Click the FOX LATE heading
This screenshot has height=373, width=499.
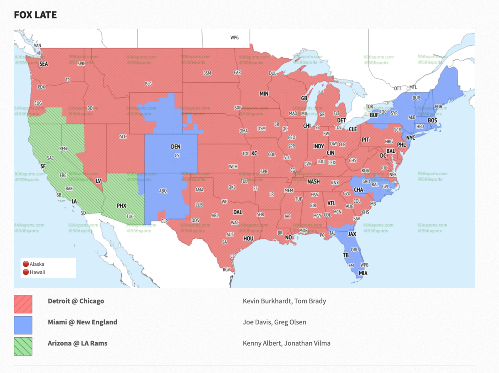click(35, 15)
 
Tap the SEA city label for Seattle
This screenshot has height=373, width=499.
click(44, 64)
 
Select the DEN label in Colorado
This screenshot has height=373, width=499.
click(176, 147)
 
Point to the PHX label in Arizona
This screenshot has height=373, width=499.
click(121, 206)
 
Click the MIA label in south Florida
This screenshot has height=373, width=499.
click(363, 273)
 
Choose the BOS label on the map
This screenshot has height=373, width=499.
click(432, 120)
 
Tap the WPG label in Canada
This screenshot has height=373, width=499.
click(235, 37)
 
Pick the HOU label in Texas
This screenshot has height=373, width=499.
click(248, 238)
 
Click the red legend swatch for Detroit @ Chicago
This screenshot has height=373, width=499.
click(23, 304)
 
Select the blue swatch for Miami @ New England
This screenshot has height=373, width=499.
click(23, 325)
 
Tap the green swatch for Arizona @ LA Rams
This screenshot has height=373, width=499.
click(23, 346)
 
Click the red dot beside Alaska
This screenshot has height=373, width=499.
click(26, 264)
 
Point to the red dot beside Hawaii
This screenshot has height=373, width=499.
click(26, 272)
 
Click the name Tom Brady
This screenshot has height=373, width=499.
click(310, 301)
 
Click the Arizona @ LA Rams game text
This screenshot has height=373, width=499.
click(77, 343)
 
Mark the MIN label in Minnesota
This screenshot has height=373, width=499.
click(264, 94)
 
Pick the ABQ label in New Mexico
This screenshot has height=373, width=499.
click(163, 191)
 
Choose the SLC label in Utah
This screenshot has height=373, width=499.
click(123, 136)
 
